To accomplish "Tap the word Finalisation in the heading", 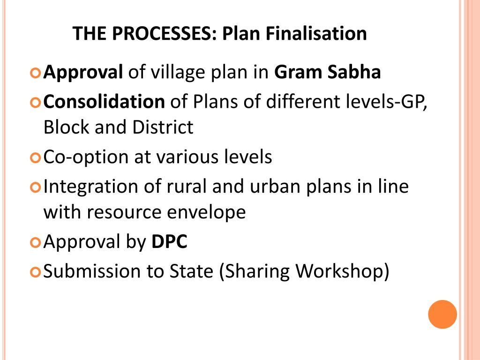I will point(312,34).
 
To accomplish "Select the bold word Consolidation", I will point(104,101).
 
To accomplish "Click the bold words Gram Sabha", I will point(328,73).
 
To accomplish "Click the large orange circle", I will point(442,315).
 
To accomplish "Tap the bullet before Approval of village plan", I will point(36,74).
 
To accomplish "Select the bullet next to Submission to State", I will point(36,272).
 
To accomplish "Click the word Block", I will point(66,127).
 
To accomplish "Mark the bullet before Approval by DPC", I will point(36,243).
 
